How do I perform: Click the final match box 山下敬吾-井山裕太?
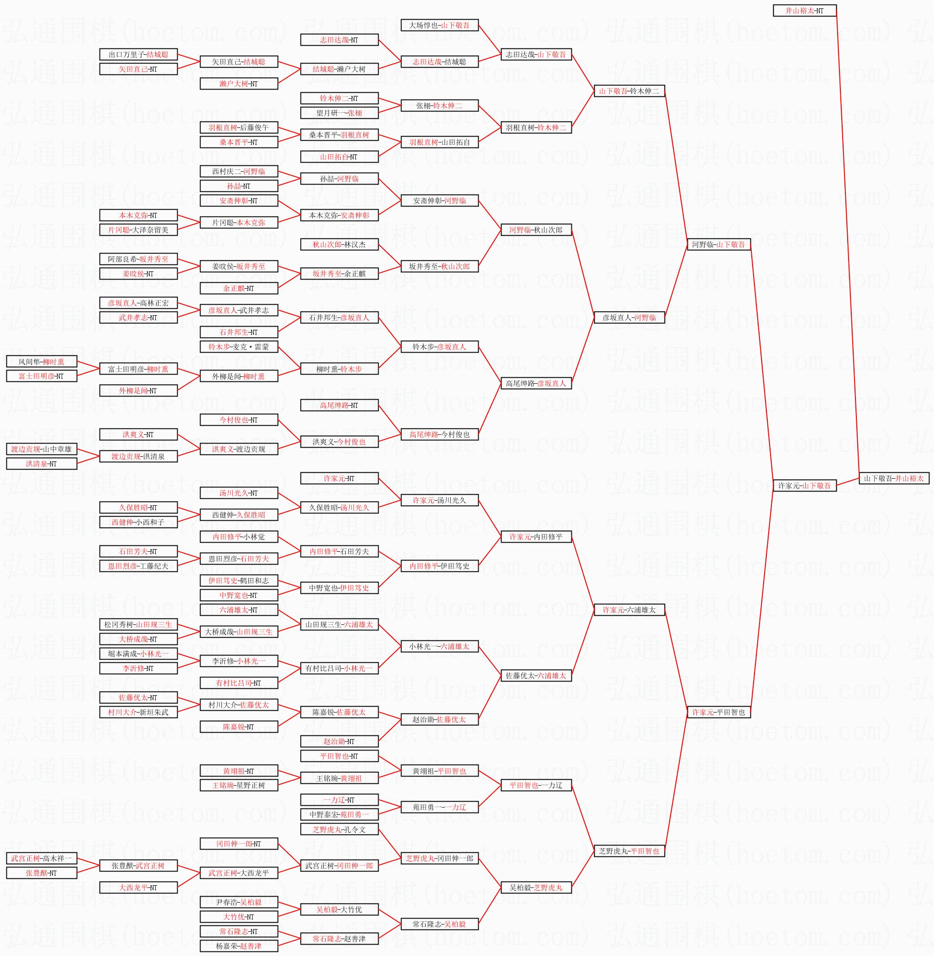coord(894,478)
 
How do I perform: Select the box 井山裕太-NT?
coord(804,11)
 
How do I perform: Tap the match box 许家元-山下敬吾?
coord(804,486)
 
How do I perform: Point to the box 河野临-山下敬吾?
coord(718,244)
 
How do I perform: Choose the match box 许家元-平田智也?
coord(718,712)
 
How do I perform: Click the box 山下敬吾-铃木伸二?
coord(629,91)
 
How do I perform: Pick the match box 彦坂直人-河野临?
coord(629,317)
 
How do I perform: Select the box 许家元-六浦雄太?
coord(629,610)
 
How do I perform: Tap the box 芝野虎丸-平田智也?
coord(629,851)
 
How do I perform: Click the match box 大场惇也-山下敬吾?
coord(439,25)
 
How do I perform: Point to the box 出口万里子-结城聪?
coord(138,54)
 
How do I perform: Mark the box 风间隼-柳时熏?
coord(42,361)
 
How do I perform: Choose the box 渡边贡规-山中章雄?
coord(42,449)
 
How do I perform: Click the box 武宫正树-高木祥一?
coord(42,858)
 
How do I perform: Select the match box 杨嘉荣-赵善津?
coord(239,945)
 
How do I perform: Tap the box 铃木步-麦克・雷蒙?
coord(239,347)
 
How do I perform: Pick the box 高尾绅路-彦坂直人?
coord(536,383)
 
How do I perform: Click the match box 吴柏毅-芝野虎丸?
coord(536,887)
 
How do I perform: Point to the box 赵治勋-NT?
coord(339,742)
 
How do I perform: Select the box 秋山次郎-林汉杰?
coord(339,244)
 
